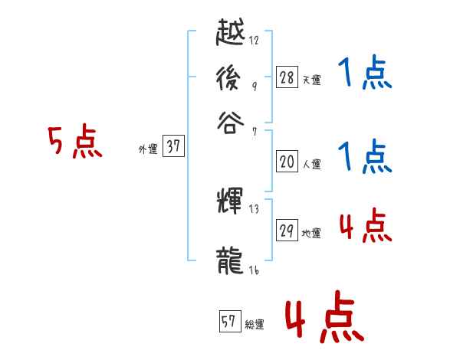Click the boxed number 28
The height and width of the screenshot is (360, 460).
click(x=286, y=77)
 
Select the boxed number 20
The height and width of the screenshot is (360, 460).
click(x=286, y=161)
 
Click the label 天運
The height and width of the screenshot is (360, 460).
click(x=311, y=79)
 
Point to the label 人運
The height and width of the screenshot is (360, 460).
click(x=311, y=163)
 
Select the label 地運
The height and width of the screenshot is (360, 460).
click(x=311, y=233)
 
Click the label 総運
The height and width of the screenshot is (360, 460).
click(x=255, y=324)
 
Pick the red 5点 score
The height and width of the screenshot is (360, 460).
click(x=74, y=142)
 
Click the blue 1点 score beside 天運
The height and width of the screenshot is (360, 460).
click(x=364, y=75)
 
